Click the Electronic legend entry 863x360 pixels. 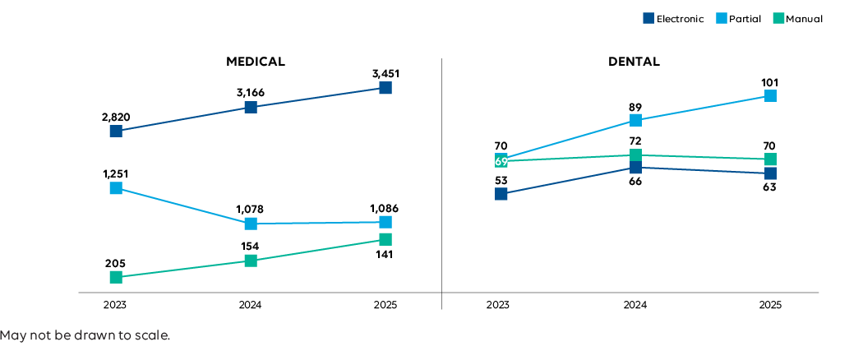[673, 19]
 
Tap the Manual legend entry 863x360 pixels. [798, 19]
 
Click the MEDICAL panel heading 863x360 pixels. [256, 62]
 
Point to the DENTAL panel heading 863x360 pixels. [634, 62]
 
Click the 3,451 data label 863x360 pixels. [385, 74]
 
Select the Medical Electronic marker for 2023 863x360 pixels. [116, 131]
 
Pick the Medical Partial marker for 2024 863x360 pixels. [251, 224]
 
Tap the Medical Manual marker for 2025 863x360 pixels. [385, 239]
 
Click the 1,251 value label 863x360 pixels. [116, 173]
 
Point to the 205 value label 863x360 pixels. [116, 263]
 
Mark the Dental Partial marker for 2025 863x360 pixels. [770, 96]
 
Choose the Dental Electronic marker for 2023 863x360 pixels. [501, 194]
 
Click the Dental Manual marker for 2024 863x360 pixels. [635, 155]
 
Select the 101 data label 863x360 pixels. [770, 82]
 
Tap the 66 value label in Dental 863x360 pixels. [635, 181]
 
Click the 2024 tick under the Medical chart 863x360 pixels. [251, 305]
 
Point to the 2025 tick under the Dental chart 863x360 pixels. [770, 305]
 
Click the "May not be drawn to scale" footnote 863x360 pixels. [85, 335]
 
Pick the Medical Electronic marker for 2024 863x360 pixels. [251, 107]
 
